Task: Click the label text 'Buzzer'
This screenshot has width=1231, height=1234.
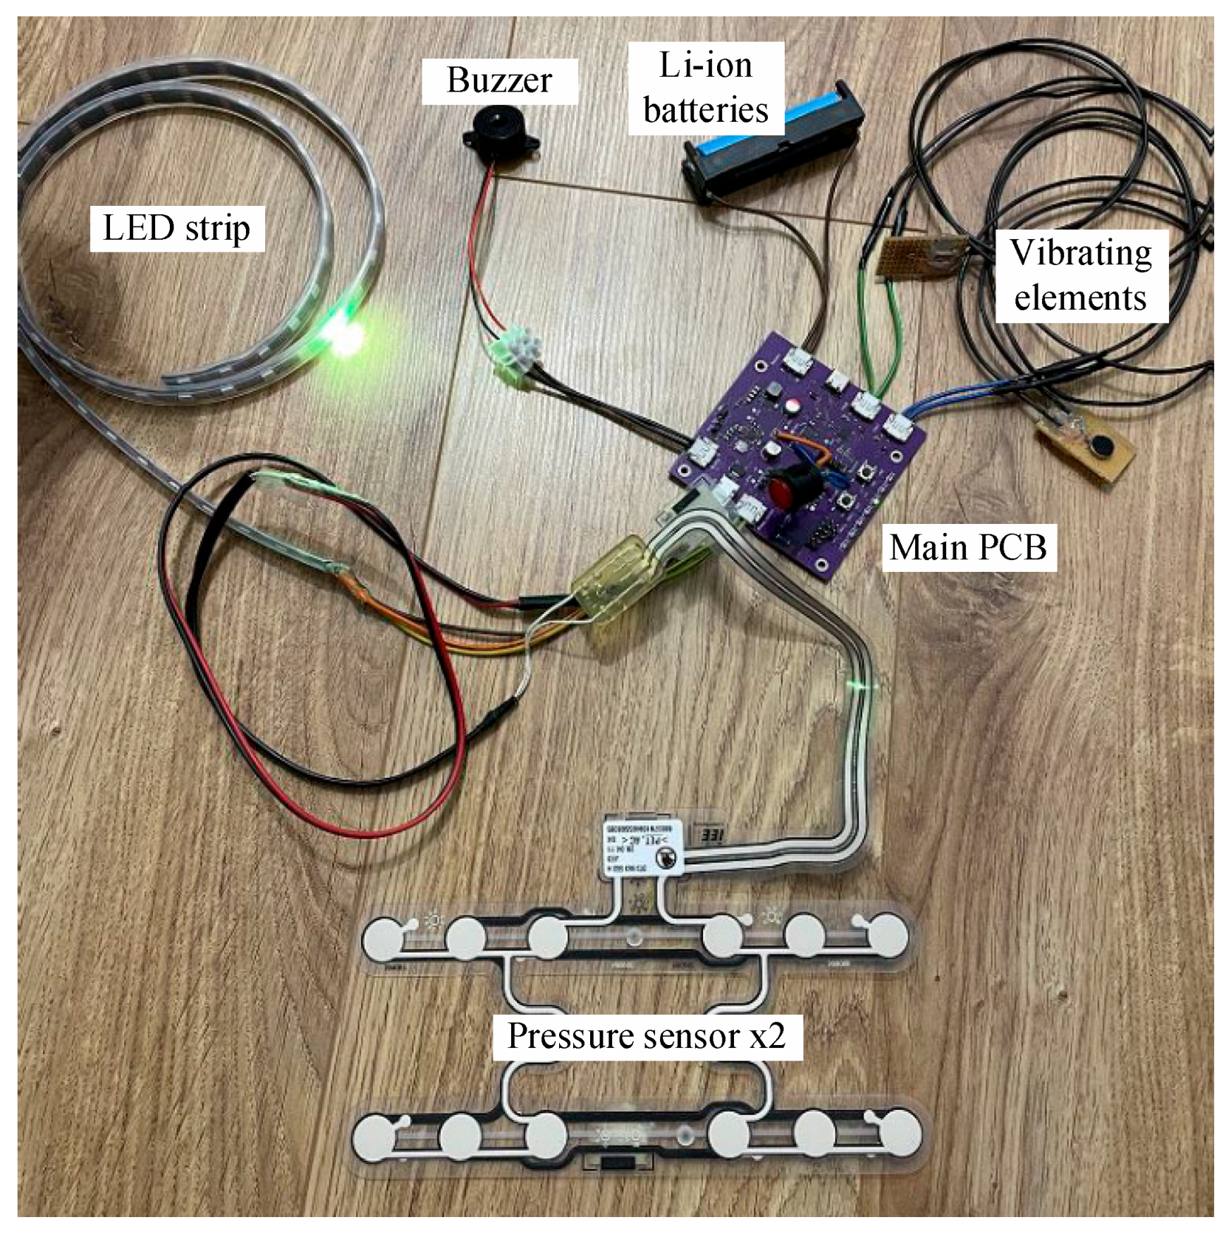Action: tap(499, 80)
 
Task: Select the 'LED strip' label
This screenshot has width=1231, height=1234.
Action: tap(176, 228)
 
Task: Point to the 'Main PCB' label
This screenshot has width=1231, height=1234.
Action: tap(968, 547)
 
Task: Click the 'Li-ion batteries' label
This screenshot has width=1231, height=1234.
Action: tap(706, 88)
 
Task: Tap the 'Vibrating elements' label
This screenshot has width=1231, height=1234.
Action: tap(1080, 275)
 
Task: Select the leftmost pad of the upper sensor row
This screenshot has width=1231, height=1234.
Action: tap(384, 938)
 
